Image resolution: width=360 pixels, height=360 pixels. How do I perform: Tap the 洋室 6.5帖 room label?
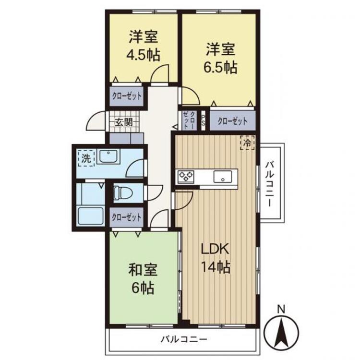(221, 58)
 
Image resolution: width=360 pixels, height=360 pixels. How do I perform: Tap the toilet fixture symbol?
(124, 193)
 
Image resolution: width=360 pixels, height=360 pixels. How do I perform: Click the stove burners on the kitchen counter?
(185, 177)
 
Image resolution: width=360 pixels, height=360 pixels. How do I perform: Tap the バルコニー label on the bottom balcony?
(184, 339)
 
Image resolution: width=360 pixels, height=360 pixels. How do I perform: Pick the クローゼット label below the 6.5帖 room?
(232, 121)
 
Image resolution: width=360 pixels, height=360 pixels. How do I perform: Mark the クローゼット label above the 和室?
(127, 217)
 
